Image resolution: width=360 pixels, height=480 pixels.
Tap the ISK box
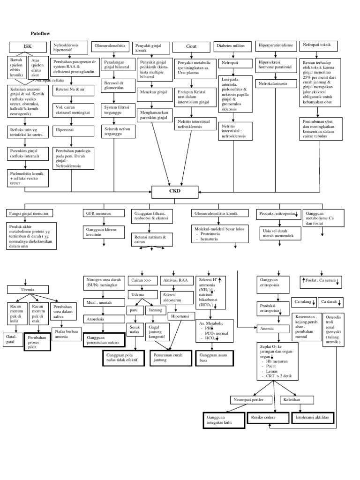(28, 46)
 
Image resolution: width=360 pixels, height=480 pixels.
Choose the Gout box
(191, 46)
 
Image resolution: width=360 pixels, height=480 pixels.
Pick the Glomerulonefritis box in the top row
(110, 46)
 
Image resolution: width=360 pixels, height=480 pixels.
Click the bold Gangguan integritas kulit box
(224, 420)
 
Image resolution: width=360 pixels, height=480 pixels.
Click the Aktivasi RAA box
(176, 280)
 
